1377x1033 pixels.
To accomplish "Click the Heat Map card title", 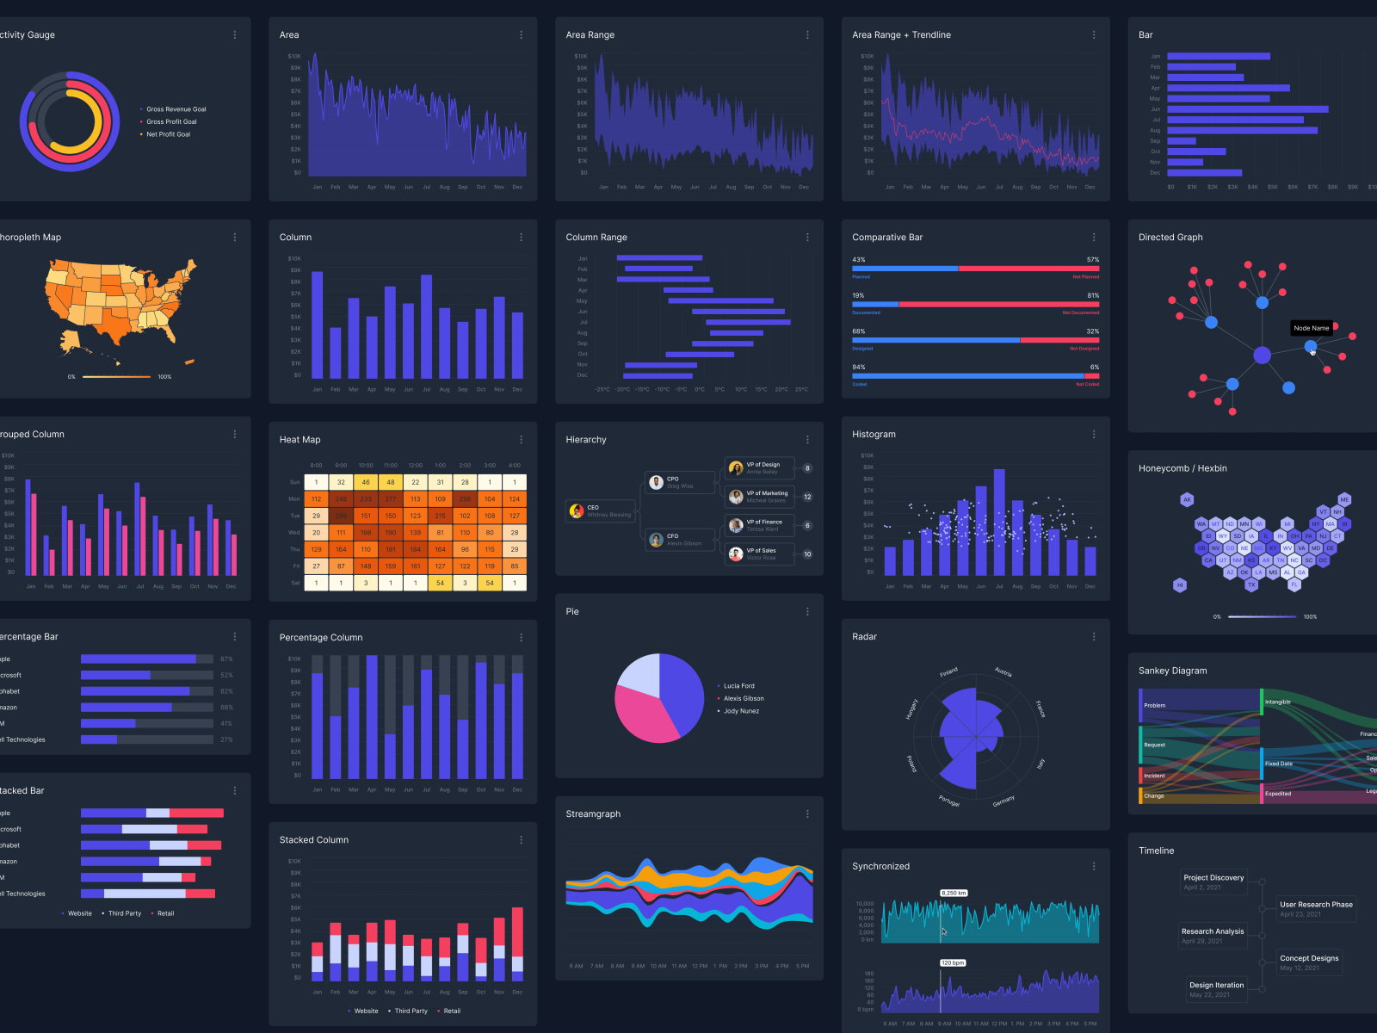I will (299, 440).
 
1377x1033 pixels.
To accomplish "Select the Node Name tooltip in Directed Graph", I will (1312, 328).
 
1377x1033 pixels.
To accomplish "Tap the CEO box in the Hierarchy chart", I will (601, 511).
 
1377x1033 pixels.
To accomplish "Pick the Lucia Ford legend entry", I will (738, 686).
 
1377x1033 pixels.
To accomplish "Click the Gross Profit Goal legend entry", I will (171, 122).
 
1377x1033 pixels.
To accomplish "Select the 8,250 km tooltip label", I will (954, 893).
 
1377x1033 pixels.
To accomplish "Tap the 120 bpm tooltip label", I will (952, 962).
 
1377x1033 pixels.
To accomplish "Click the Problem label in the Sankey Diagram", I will (1154, 705).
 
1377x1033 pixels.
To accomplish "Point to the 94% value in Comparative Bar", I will (859, 368).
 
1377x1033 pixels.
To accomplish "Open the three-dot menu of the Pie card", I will (807, 612).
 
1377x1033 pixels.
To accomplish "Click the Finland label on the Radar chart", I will (948, 672).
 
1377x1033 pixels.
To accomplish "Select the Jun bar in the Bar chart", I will (1247, 109).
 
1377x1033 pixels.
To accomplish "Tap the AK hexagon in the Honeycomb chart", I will (1187, 499).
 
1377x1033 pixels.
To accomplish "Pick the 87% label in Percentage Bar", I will (226, 659).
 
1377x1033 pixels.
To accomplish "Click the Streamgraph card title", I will (593, 814).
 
